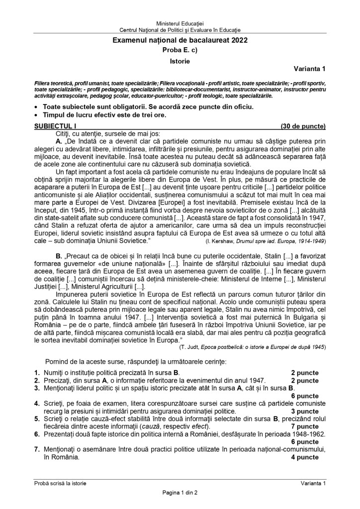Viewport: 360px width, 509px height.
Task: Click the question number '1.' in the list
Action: coord(37,372)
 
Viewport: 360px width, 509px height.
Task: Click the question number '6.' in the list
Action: coord(37,434)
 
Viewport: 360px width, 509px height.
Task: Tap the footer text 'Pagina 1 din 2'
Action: coord(180,493)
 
